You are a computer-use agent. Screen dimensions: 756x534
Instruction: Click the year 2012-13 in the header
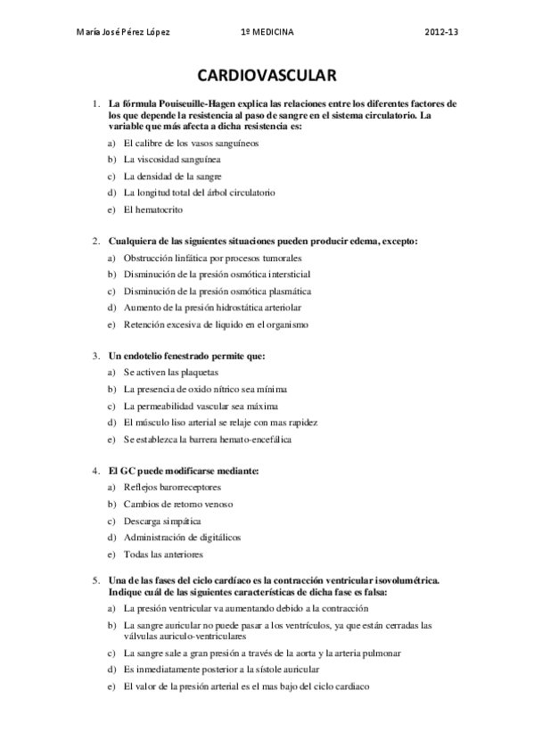click(x=443, y=32)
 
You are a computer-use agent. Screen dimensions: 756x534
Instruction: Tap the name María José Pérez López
click(x=125, y=32)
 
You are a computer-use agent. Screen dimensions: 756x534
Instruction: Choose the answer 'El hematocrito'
click(x=153, y=210)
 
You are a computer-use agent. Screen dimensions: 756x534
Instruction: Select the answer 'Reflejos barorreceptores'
click(x=173, y=488)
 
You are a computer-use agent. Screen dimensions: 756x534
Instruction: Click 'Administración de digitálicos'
click(x=183, y=538)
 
